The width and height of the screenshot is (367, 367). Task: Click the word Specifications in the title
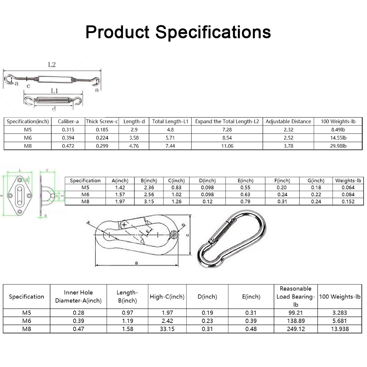tap(213, 32)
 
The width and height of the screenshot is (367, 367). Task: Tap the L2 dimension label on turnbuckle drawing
tap(52, 65)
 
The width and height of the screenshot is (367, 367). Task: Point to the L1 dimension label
tap(54, 91)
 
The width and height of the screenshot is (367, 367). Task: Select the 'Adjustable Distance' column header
tap(288, 121)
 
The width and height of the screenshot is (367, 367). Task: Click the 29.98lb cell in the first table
tap(338, 146)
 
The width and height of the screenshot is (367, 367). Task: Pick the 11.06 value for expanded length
tap(227, 146)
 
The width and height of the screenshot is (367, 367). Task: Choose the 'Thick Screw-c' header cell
tap(102, 121)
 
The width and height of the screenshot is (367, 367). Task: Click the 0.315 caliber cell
tap(68, 130)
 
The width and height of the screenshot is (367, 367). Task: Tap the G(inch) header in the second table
tap(316, 180)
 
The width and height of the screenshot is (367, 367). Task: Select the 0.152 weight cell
tap(348, 202)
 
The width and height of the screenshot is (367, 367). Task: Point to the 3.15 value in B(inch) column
tap(149, 202)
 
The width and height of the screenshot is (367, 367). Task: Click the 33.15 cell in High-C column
tap(167, 329)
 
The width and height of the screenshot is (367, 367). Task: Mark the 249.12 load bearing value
tap(296, 329)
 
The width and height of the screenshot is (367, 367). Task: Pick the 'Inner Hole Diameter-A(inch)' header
tap(78, 297)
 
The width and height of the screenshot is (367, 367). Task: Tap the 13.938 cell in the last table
tap(339, 329)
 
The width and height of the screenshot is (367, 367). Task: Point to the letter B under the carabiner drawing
tap(136, 263)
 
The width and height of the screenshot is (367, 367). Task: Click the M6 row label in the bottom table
tap(27, 321)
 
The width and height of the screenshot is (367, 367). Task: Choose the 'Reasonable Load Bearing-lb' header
tap(295, 297)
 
